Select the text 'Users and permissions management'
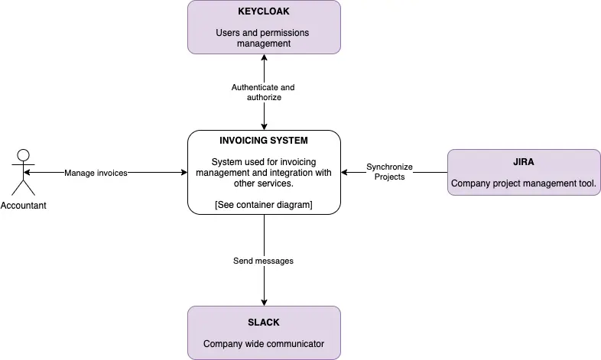pos(263,38)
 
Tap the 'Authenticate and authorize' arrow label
pos(263,92)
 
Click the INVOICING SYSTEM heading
pos(264,141)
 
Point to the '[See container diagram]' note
pos(264,204)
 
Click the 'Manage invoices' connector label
pos(96,173)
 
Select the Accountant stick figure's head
pos(24,154)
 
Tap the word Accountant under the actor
pos(24,206)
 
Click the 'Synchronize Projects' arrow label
pos(389,172)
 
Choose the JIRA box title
pos(523,163)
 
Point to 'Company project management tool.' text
pos(523,183)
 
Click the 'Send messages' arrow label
pos(263,261)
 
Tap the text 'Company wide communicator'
pos(263,344)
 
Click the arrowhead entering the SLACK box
pos(264,302)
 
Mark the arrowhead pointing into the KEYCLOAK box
pos(264,58)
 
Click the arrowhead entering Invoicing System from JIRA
pos(345,173)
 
